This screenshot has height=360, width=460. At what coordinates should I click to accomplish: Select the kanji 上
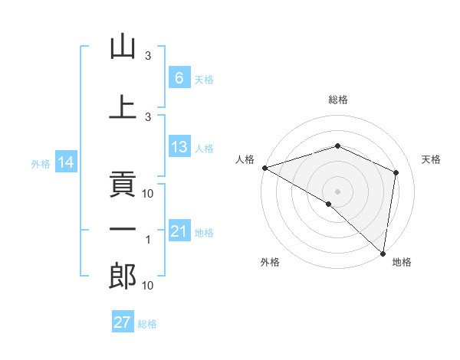coord(123,107)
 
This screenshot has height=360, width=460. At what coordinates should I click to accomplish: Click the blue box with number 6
coord(179,78)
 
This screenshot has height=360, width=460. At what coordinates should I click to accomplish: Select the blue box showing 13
coord(179,147)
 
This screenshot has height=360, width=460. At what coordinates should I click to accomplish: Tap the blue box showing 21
coord(179,231)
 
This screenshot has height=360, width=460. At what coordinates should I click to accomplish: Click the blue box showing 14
coord(65,162)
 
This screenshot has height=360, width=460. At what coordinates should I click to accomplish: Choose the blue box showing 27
coord(123,322)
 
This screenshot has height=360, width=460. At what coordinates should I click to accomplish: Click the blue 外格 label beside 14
coord(41,163)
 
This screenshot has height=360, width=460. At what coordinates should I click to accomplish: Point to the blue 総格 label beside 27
coord(147,323)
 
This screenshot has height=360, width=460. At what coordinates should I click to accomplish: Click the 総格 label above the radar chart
coord(338,100)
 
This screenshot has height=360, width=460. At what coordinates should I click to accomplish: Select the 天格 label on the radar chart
coord(432,159)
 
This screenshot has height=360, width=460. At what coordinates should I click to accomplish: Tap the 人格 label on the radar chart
coord(245,159)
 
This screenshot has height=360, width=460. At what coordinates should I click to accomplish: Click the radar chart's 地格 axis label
coord(402,263)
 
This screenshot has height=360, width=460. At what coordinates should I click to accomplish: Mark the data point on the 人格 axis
coord(264,167)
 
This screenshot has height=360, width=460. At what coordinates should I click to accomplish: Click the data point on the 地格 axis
coord(383,252)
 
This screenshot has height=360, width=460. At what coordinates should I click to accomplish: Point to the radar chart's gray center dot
coord(337,191)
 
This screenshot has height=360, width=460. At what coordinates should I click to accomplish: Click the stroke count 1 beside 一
coord(148,240)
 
